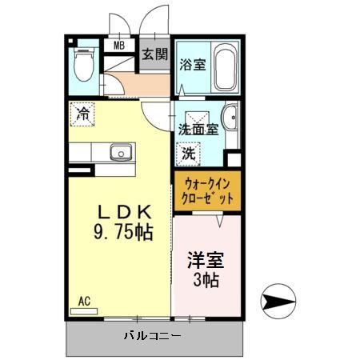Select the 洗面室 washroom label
click(x=198, y=129)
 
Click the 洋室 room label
click(x=206, y=261)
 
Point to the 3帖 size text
click(x=206, y=281)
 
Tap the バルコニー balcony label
click(x=152, y=336)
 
